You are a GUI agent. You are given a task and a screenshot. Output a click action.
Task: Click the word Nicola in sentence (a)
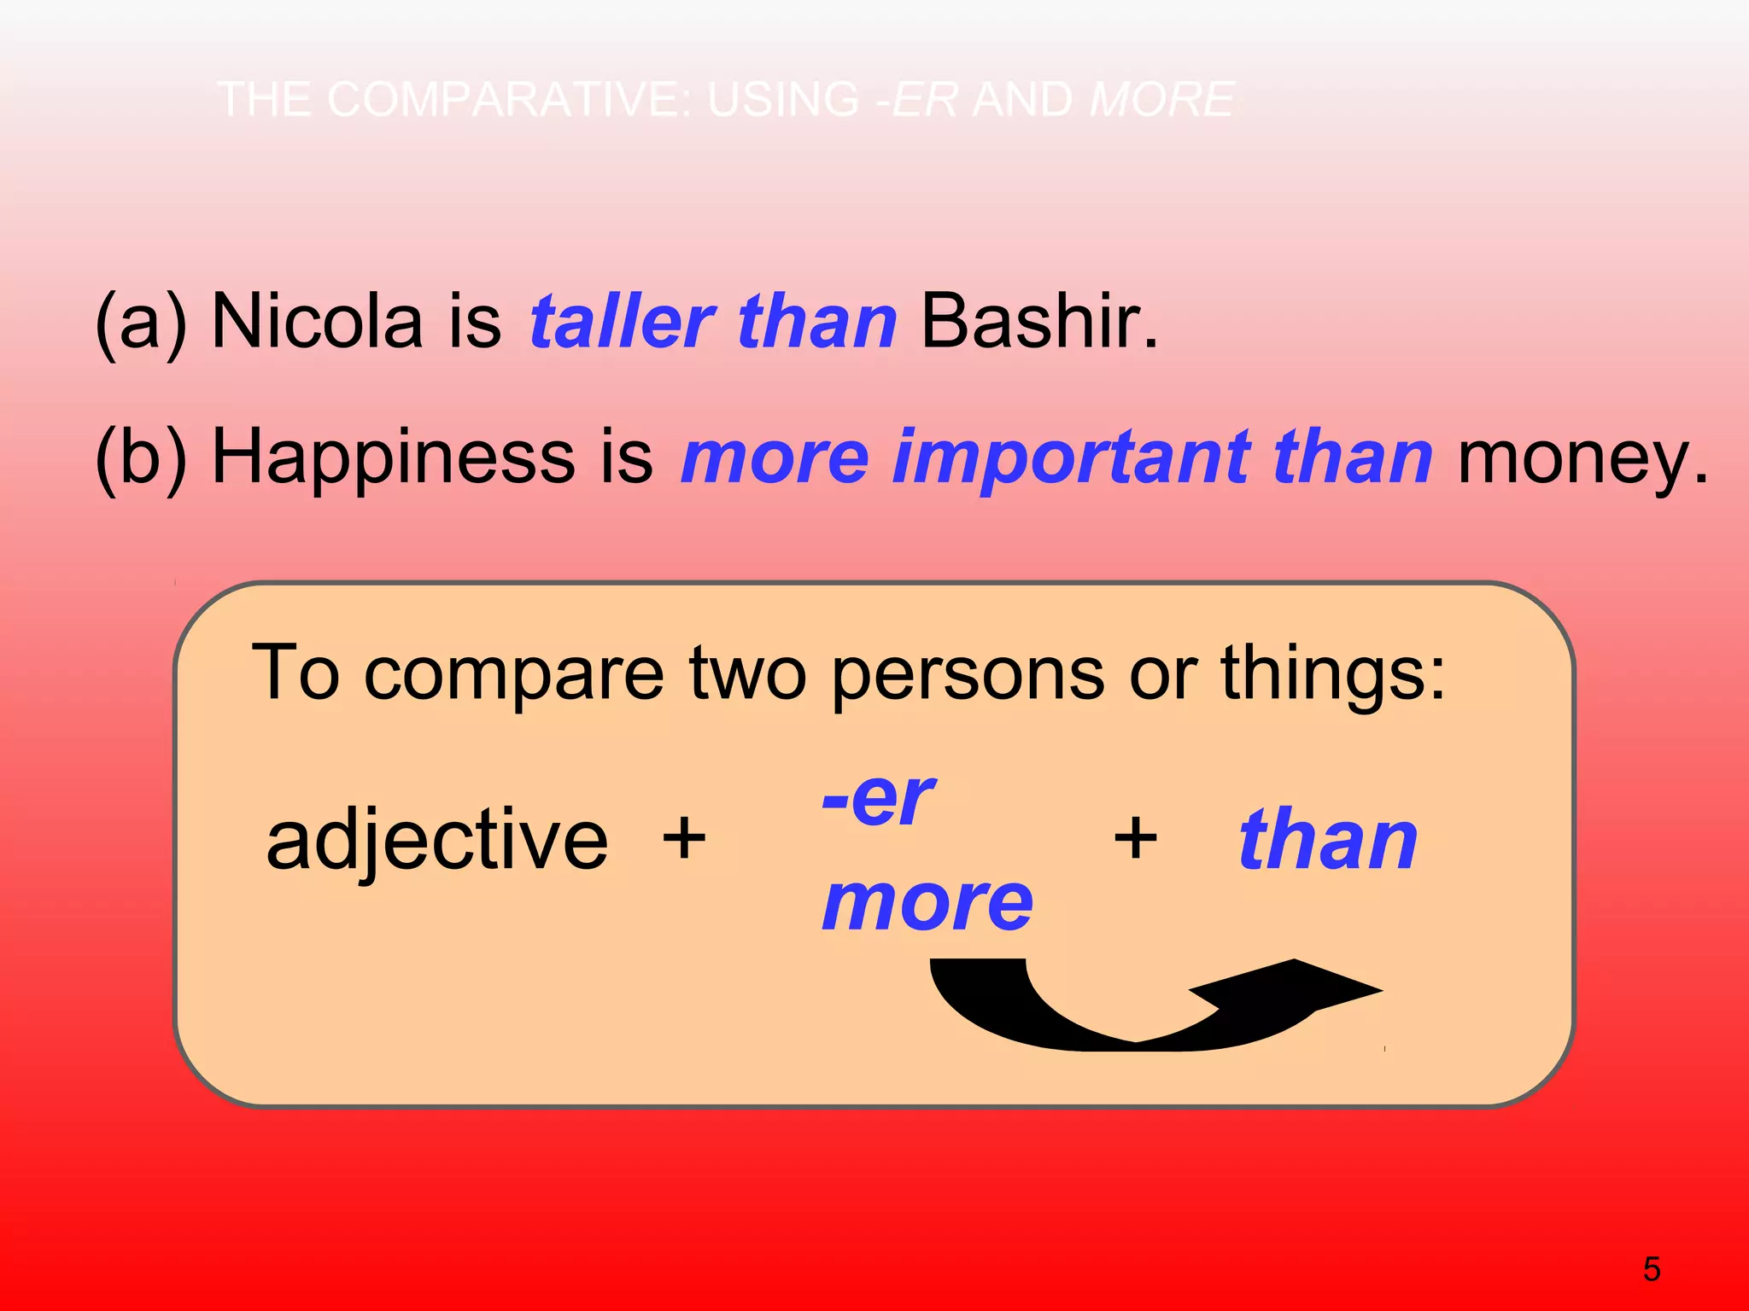tap(317, 322)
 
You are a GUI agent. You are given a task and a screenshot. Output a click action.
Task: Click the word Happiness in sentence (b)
tap(393, 458)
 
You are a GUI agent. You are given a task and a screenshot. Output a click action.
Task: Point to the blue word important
tap(1071, 458)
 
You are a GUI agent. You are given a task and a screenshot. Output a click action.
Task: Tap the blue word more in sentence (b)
tap(775, 458)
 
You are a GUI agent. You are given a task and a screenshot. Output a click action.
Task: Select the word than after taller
tap(816, 322)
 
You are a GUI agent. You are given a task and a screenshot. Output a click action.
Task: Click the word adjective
tap(436, 841)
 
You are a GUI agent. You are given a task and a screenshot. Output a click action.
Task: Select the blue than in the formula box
tap(1328, 841)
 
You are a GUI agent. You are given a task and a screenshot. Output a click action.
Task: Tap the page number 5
tap(1652, 1269)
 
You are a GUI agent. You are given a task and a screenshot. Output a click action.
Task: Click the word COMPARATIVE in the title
tap(512, 99)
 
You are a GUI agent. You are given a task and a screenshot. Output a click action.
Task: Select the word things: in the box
tap(1333, 674)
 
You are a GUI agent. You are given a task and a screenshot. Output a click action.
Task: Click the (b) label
tap(141, 458)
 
